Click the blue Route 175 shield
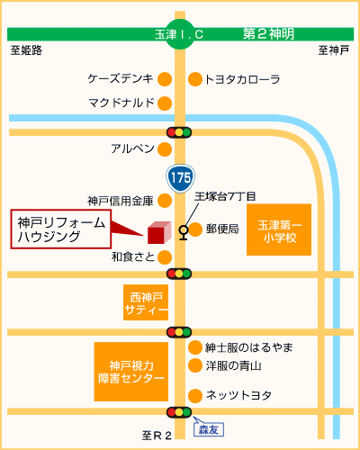click(181, 178)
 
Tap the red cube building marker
click(159, 232)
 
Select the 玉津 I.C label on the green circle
click(179, 34)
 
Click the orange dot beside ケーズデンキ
click(165, 79)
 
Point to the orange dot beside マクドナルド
click(165, 103)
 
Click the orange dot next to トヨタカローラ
click(195, 79)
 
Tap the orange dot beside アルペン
click(165, 149)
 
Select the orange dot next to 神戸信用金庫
click(165, 201)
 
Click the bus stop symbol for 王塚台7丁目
click(184, 232)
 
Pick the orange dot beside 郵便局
click(195, 229)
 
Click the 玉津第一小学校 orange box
click(279, 229)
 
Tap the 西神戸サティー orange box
click(146, 302)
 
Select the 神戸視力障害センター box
click(131, 372)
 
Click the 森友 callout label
click(209, 429)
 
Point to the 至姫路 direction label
click(26, 50)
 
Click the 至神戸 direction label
click(334, 50)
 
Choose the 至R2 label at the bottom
click(157, 436)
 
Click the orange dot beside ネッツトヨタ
click(195, 396)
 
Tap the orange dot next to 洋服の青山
click(195, 365)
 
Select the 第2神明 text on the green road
click(268, 34)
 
